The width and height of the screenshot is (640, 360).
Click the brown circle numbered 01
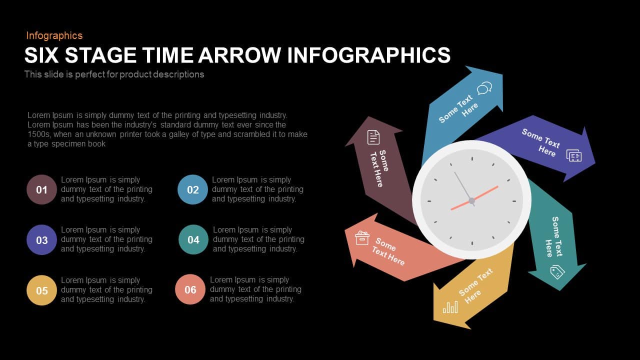41,189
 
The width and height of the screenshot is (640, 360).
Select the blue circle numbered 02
192,189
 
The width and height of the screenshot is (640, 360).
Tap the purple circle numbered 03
41,240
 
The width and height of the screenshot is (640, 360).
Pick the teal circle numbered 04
193,239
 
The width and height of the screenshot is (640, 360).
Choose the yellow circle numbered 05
41,290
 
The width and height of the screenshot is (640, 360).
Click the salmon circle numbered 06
190,289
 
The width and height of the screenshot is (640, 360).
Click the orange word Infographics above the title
54,35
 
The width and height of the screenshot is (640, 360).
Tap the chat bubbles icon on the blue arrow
484,89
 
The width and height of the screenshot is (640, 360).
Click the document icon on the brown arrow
373,137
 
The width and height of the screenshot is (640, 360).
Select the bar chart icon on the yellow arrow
450,307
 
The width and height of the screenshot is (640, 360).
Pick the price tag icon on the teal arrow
557,272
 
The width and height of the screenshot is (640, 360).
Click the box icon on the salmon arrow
362,237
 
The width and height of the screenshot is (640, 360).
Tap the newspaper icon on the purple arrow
574,155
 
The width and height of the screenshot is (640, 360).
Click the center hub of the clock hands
471,200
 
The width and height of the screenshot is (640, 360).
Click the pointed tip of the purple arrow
595,163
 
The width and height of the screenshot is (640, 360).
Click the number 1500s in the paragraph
38,134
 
